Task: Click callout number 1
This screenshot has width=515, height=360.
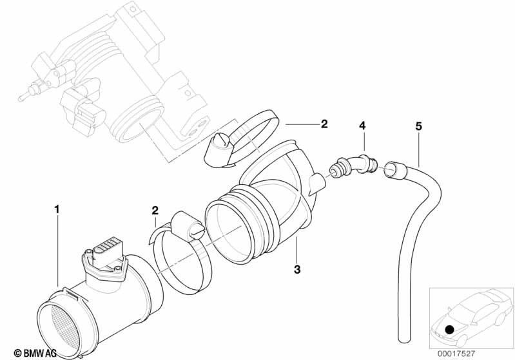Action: [x=57, y=209]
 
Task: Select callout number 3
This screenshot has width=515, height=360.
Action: [x=297, y=270]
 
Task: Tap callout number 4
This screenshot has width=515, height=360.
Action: [x=362, y=126]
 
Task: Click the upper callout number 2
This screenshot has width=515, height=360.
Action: [x=324, y=123]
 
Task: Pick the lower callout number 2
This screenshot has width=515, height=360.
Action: [x=155, y=210]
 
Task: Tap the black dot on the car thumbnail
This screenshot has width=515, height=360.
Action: [x=449, y=330]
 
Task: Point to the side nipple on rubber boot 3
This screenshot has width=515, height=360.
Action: [x=316, y=182]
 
